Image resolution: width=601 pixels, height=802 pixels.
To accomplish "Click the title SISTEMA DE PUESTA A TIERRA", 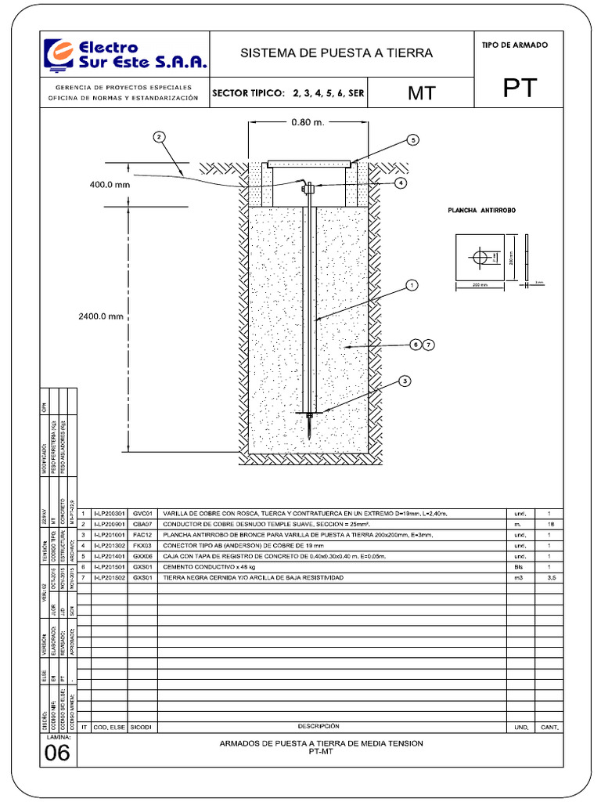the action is [336, 53].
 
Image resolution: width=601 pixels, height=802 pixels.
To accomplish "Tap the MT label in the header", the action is [420, 93].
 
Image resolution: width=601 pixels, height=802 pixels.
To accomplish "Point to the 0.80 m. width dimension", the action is [308, 122].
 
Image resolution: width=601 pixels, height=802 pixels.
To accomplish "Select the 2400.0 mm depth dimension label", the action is [101, 317].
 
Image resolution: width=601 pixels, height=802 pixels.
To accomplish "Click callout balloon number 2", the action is [160, 137].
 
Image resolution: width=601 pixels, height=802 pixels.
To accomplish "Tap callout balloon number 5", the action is [413, 140].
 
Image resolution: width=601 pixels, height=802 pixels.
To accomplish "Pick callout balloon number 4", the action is [401, 183].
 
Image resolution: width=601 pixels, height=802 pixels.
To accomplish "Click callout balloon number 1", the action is [412, 286].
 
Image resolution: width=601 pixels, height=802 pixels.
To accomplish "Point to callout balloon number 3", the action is [405, 381].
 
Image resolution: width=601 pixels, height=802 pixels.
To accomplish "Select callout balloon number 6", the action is [416, 344].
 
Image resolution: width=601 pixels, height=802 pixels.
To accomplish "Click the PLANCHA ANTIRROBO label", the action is [482, 211].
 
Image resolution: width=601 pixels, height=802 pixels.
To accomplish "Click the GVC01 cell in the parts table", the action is [142, 514].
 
